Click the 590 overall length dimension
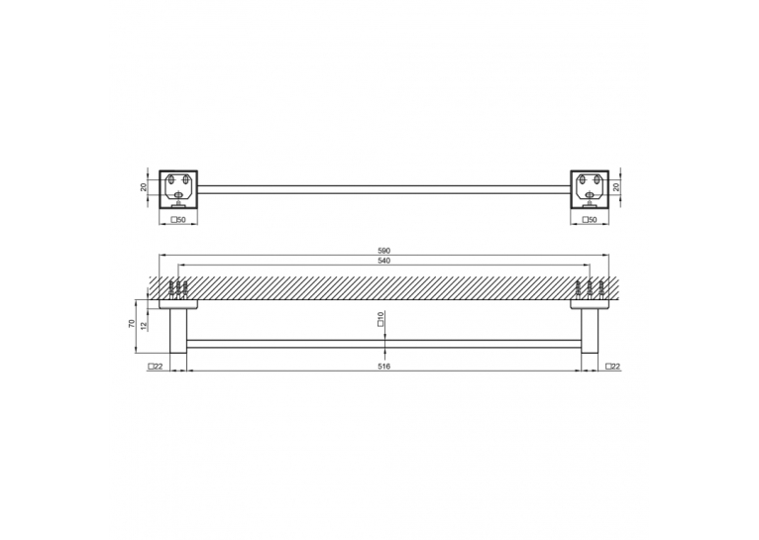383,251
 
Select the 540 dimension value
383,261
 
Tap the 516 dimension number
383,367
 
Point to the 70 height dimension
131,324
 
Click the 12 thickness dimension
144,326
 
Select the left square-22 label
156,367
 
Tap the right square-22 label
612,367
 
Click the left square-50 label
178,220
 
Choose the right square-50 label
590,220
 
